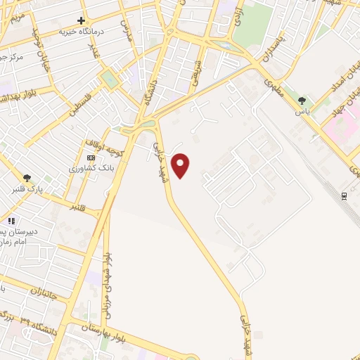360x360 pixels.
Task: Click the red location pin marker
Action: (181, 165)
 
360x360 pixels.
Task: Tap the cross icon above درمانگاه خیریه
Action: (82, 20)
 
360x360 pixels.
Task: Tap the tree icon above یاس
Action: (302, 101)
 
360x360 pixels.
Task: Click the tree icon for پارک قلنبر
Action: (27, 179)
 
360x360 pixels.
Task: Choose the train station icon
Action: (345, 195)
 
